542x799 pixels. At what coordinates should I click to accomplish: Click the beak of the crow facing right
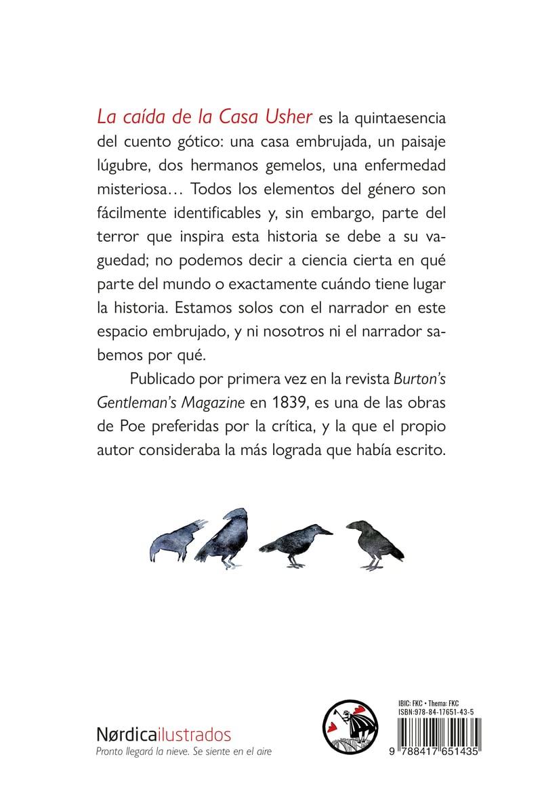click(x=328, y=532)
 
